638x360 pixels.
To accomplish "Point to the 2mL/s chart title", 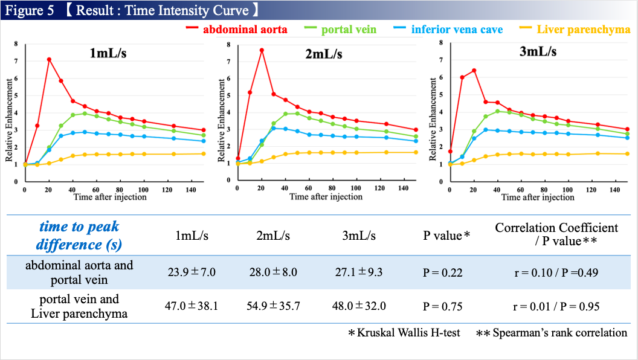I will [x=324, y=54].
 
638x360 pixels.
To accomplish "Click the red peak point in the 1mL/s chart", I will [x=49, y=59].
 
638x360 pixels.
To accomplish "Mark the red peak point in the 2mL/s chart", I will [x=262, y=50].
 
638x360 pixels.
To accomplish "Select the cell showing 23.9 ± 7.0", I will [x=191, y=272].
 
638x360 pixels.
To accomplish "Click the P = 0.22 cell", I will [x=442, y=272].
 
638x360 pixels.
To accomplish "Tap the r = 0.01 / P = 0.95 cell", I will [x=556, y=306].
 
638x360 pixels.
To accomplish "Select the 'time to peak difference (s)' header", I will [x=79, y=236].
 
